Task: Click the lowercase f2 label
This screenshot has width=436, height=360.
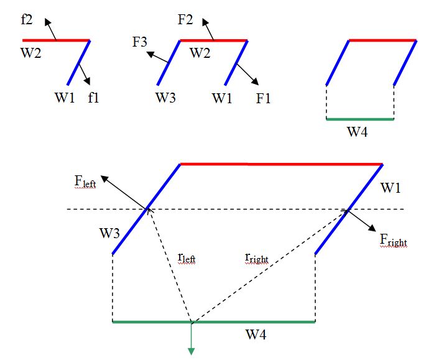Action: point(27,19)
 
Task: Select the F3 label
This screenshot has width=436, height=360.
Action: point(139,43)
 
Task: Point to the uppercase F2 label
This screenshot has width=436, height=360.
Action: point(185,19)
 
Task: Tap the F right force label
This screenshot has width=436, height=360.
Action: point(393,239)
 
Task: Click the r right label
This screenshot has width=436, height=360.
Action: point(257,256)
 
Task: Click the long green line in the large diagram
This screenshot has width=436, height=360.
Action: point(249,322)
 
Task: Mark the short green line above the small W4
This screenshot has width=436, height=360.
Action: point(360,119)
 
